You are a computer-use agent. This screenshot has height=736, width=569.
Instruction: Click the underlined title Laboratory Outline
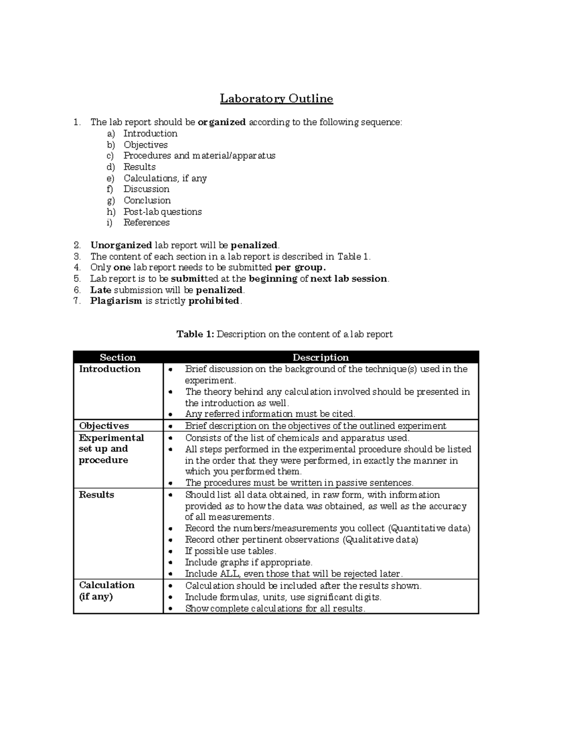pyautogui.click(x=276, y=99)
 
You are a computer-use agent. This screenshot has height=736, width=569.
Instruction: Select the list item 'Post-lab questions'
pyautogui.click(x=163, y=212)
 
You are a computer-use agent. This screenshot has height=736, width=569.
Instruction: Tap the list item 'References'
pyautogui.click(x=147, y=223)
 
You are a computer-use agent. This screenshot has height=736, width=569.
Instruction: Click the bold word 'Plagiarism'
pyautogui.click(x=116, y=301)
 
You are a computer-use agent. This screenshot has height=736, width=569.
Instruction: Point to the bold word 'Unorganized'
pyautogui.click(x=121, y=245)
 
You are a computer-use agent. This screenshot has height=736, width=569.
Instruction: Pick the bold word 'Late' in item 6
pyautogui.click(x=101, y=290)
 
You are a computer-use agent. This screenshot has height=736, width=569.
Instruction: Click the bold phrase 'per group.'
pyautogui.click(x=301, y=267)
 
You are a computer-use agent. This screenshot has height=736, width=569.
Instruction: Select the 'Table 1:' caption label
pyautogui.click(x=196, y=335)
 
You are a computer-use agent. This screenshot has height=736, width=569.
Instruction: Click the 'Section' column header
pyautogui.click(x=118, y=357)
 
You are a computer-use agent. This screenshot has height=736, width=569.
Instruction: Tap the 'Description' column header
pyautogui.click(x=321, y=357)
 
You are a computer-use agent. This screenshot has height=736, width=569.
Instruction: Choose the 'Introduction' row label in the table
pyautogui.click(x=110, y=369)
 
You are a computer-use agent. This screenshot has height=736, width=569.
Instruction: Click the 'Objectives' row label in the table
pyautogui.click(x=104, y=426)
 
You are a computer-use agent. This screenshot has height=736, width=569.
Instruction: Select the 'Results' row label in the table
pyautogui.click(x=96, y=495)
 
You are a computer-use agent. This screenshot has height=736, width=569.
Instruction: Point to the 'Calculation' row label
pyautogui.click(x=107, y=585)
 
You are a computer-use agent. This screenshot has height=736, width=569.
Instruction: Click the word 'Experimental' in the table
pyautogui.click(x=111, y=438)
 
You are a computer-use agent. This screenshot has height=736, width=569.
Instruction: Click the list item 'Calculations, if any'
pyautogui.click(x=165, y=178)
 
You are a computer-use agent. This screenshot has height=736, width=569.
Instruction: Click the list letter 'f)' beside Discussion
pyautogui.click(x=110, y=189)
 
